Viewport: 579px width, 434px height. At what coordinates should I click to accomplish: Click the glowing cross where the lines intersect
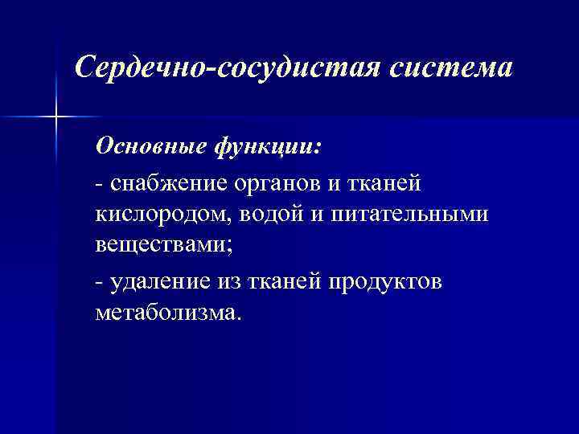coord(56,117)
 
